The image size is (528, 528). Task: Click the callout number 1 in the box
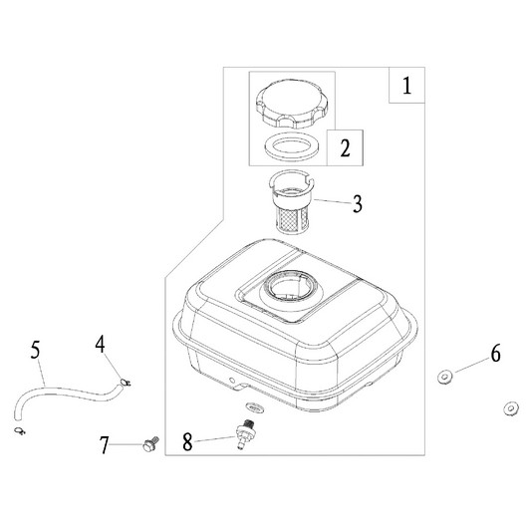[x=406, y=86]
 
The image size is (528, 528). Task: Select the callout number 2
[x=345, y=147]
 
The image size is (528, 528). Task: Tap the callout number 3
[x=358, y=203]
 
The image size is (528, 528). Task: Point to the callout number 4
[x=100, y=344]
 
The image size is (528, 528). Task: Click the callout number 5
[x=35, y=350]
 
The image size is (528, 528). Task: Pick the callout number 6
[x=495, y=354]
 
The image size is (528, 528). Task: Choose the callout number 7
[x=104, y=445]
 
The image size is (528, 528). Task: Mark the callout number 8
[x=187, y=441]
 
